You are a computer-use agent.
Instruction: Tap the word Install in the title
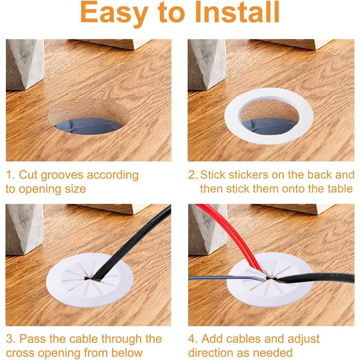click(x=238, y=12)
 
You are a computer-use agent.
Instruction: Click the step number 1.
click(x=10, y=175)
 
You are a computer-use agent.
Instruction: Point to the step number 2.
click(x=193, y=175)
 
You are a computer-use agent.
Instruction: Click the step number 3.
click(x=10, y=339)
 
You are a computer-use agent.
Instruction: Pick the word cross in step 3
click(x=22, y=353)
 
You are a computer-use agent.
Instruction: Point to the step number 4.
click(x=193, y=339)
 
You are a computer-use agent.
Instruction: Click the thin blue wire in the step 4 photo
click(x=225, y=278)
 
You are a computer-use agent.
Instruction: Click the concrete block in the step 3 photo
click(x=25, y=229)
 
